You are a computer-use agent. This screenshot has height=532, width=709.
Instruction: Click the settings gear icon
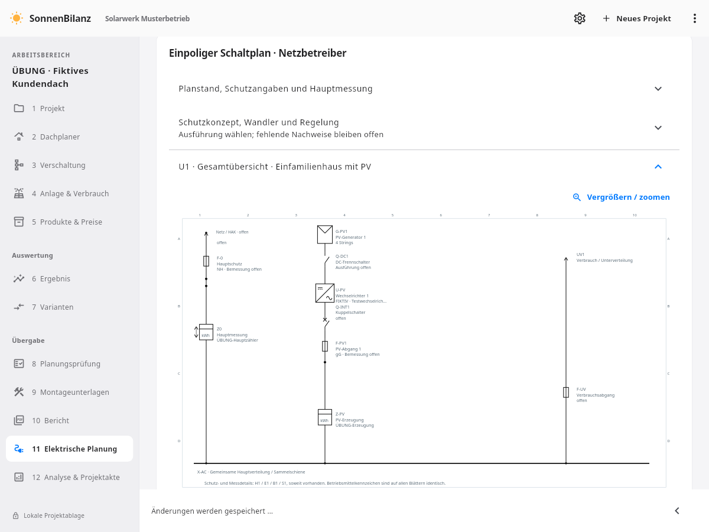[580, 18]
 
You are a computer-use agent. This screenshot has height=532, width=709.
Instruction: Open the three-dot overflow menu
[694, 18]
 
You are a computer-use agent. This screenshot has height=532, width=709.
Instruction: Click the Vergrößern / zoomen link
[621, 197]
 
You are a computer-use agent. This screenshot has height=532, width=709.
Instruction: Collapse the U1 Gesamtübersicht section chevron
[658, 167]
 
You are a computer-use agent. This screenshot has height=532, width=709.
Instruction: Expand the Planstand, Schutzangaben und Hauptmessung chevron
[658, 89]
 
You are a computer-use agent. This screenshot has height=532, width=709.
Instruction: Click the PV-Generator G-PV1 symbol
[324, 234]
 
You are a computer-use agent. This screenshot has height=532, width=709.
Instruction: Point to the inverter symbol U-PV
[324, 293]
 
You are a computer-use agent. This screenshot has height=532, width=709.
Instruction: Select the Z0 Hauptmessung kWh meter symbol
[206, 332]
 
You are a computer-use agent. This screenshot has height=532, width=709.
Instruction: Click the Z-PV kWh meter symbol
[324, 417]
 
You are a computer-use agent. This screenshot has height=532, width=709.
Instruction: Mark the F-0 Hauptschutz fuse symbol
[206, 261]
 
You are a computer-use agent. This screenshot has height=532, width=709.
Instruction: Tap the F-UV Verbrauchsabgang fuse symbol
[566, 392]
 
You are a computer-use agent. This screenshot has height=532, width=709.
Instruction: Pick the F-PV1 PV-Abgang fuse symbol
[325, 346]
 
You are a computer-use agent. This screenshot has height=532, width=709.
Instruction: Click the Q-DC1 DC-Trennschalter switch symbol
[326, 260]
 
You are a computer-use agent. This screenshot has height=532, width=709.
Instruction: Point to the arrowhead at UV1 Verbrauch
[566, 259]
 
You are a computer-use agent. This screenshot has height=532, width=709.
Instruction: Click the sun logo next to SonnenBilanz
[17, 18]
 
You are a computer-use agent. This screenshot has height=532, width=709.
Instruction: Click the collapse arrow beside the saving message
[677, 511]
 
